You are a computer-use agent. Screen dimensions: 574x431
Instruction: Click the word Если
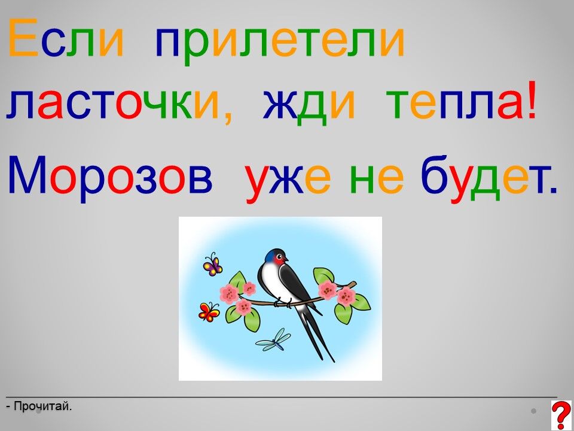(x=66, y=37)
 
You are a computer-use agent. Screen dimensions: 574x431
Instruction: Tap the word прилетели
(x=280, y=42)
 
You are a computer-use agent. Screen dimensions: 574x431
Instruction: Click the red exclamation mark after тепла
(x=532, y=100)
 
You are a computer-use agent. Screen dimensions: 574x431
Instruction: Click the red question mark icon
(x=561, y=415)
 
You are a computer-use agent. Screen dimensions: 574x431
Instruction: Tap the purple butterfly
(x=213, y=264)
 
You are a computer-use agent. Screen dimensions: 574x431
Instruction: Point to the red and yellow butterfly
(x=209, y=312)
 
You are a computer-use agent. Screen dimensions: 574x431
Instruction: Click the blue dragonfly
(x=273, y=340)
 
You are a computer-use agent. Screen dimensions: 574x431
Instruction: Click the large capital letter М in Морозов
(x=27, y=174)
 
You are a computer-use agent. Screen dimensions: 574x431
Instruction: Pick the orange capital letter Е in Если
(x=23, y=37)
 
